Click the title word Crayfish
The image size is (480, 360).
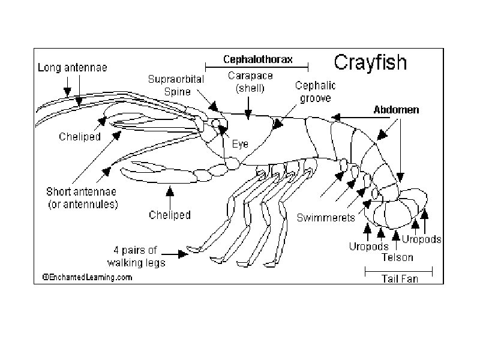pos(370,62)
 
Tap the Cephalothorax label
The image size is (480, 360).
pos(258,59)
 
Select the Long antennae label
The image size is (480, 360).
pos(73,68)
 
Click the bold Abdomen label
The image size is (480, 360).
pos(396,110)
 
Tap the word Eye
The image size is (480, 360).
pos(240,144)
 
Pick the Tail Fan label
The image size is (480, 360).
pos(400,278)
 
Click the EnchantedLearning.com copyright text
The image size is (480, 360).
pos(87,277)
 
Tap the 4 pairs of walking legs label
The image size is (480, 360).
pos(136,256)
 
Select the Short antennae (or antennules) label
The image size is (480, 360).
pos(82,198)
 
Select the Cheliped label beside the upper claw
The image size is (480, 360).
pos(80,136)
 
